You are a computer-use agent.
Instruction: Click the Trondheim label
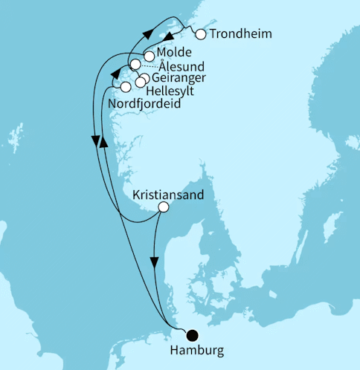(240, 34)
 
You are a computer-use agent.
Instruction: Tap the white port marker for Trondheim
(199, 33)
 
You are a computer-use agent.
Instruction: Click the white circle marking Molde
(150, 56)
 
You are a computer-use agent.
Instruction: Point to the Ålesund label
(183, 67)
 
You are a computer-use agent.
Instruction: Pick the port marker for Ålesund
(135, 65)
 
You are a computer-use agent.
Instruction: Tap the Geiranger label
(178, 78)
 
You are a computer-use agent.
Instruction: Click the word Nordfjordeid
(144, 103)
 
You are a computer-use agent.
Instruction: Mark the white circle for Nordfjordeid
(126, 88)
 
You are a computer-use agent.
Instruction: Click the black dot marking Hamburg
(193, 335)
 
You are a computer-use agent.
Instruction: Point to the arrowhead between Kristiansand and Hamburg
(154, 262)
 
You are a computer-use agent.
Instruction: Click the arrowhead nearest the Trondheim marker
(169, 37)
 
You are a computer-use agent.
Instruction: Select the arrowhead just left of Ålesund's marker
(115, 74)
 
